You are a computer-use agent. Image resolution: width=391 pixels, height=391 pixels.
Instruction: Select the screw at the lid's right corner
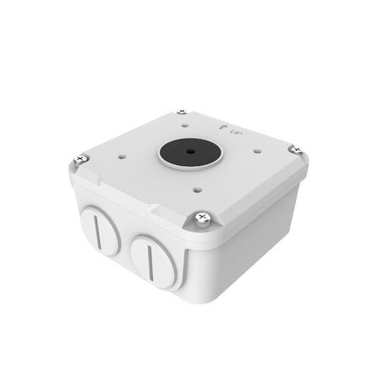tap(298, 151)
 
